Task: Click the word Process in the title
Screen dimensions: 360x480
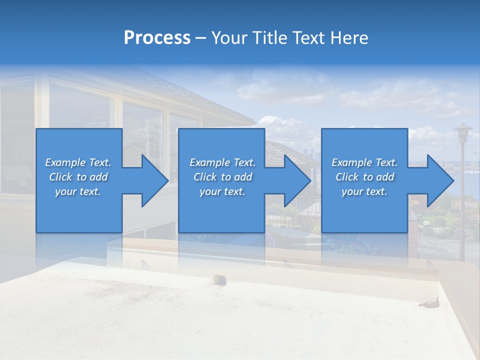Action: [x=157, y=38]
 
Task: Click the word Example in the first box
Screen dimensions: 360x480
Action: [x=65, y=162]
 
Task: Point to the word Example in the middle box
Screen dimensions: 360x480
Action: [x=209, y=162]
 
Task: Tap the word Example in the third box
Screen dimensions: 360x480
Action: [x=351, y=162]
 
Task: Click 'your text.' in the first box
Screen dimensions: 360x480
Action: [x=78, y=191]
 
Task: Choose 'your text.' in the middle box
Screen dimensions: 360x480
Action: [x=222, y=191]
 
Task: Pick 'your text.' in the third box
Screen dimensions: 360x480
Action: [x=364, y=191]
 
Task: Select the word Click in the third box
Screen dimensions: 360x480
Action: [x=347, y=177]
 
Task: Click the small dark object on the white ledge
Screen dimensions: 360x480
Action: [x=218, y=279]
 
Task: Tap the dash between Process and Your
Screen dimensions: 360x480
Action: [x=201, y=38]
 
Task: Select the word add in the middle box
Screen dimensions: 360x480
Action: [x=243, y=177]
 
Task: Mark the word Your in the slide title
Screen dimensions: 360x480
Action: [x=228, y=38]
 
